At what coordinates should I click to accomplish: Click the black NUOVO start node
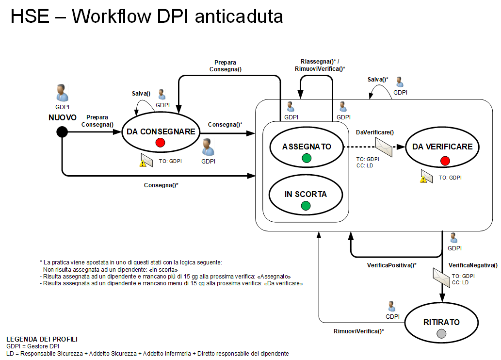62,131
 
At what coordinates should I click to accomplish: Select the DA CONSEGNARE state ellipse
161,132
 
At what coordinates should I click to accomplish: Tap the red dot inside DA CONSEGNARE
161,143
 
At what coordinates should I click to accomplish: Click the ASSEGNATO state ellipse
307,147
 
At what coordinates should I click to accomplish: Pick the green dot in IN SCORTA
306,206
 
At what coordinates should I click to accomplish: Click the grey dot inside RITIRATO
441,333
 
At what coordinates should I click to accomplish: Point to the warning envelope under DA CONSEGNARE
146,160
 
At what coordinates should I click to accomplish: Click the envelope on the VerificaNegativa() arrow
441,278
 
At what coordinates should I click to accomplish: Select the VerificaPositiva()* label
391,265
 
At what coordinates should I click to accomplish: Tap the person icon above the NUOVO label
62,93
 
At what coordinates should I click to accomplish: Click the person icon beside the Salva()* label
400,82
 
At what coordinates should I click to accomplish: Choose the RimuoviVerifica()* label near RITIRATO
359,331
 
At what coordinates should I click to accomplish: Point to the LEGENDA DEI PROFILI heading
42,339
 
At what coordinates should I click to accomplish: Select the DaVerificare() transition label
374,132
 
